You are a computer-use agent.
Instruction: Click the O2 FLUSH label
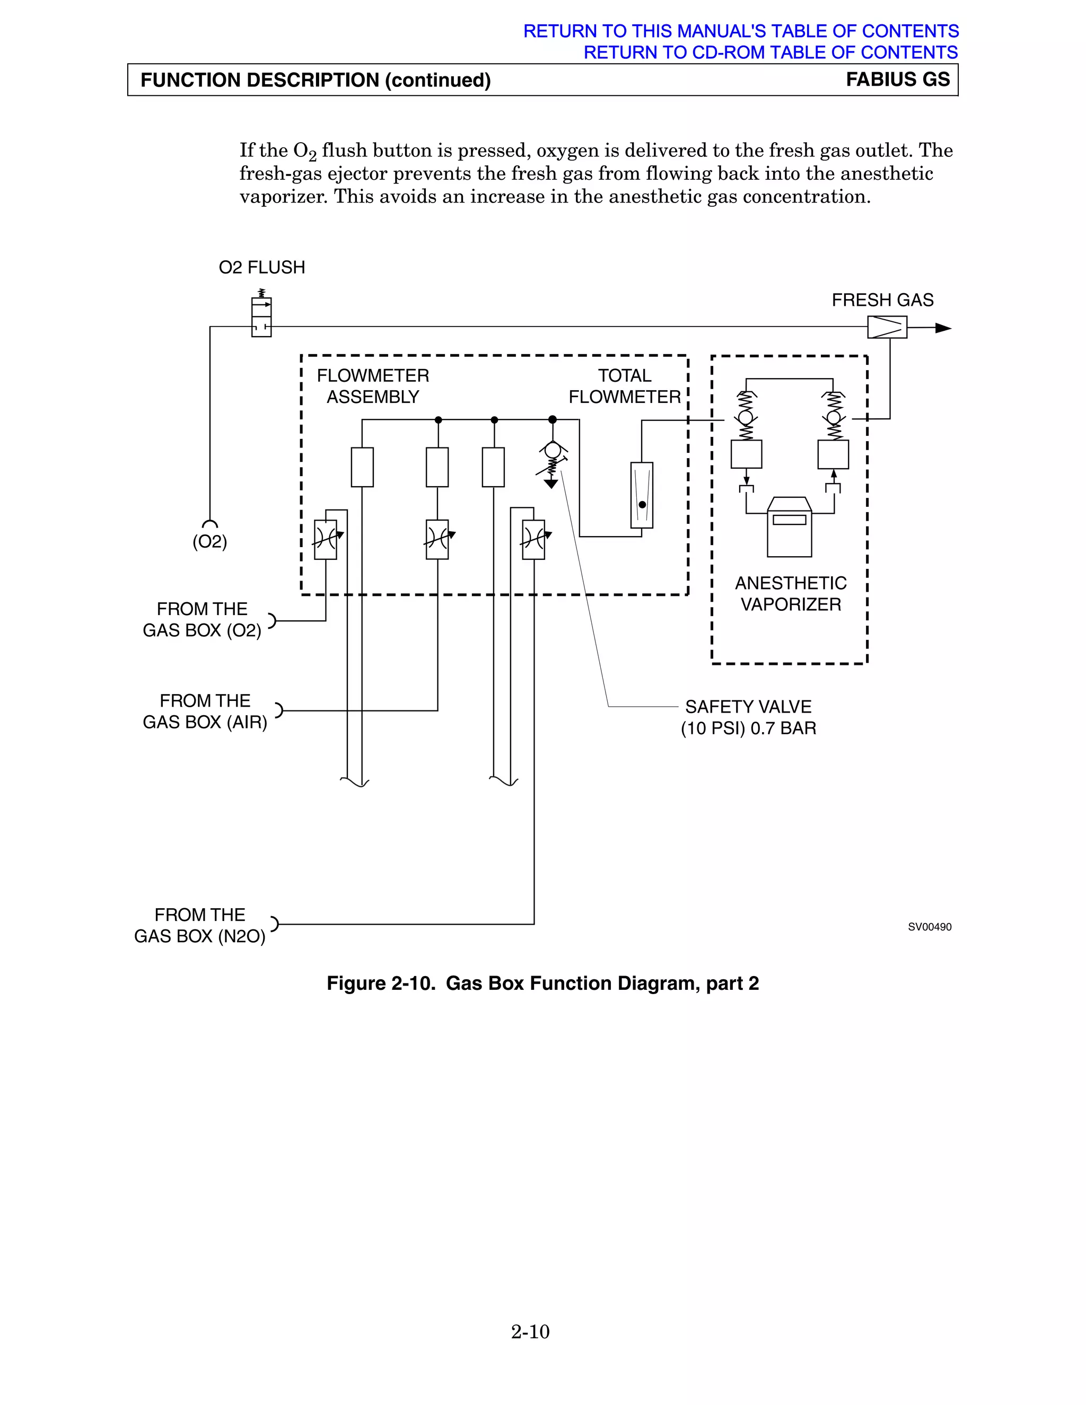coord(262,268)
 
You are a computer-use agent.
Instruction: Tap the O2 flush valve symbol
coord(261,317)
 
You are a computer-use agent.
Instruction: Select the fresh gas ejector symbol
coord(887,328)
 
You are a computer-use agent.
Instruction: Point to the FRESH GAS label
coord(882,301)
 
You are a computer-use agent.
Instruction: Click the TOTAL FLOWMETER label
coord(624,386)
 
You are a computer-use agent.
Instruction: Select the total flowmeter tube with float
coord(642,495)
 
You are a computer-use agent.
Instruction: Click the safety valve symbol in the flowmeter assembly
coord(552,463)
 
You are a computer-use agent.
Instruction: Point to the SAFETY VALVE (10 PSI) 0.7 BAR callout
coord(748,717)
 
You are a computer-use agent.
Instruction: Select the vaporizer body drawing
coord(790,527)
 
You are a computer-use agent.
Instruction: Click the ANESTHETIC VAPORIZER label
coord(790,594)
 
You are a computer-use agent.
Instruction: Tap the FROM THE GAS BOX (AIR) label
coord(205,712)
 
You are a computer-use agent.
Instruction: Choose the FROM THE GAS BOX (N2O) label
coord(199,926)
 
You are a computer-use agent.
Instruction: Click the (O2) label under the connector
coord(210,542)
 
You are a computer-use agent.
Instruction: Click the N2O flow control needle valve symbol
coord(533,539)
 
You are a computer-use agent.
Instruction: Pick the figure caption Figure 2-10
coord(542,983)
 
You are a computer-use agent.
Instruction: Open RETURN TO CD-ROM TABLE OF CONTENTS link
coord(770,52)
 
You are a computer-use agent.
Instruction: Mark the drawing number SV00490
coord(929,927)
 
